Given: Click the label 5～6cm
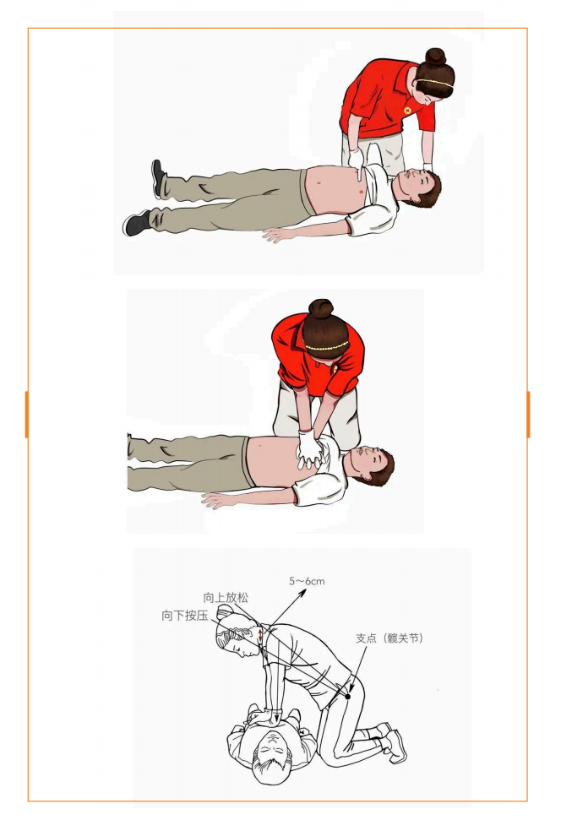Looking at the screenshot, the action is click(307, 581).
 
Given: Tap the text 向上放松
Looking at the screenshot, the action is click(226, 598).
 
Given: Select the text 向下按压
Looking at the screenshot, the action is click(185, 616).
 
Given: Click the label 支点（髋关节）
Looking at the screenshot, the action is click(389, 638).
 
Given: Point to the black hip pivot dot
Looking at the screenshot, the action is click(347, 696).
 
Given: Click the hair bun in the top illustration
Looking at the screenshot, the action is click(435, 57).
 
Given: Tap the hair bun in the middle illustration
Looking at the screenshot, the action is click(321, 308).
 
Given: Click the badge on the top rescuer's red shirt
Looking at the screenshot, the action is click(407, 111).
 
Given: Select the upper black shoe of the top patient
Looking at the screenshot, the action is click(158, 178).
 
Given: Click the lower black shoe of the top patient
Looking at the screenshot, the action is click(137, 223).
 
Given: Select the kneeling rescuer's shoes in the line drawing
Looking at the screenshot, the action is click(393, 740).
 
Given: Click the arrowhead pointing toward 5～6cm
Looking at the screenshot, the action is click(302, 593).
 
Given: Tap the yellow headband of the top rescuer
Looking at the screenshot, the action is click(435, 83).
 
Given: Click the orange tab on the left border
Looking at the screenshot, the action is click(26, 414).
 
